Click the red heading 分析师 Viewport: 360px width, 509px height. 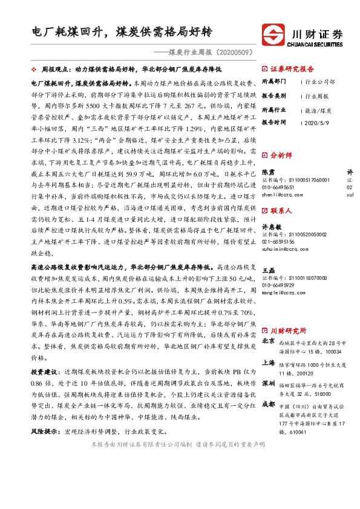280,155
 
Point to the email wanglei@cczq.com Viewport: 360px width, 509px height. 284,292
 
